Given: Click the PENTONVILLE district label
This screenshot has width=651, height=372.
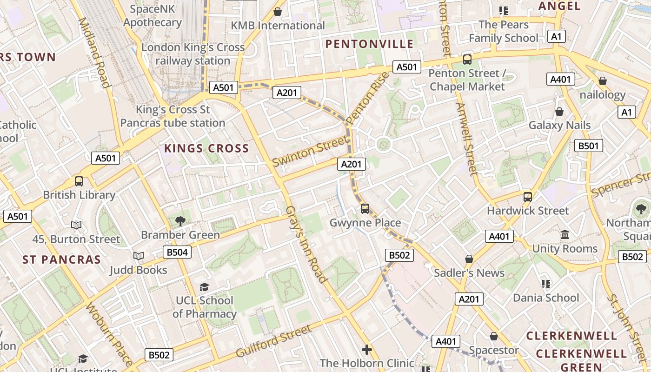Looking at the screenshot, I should (369, 44).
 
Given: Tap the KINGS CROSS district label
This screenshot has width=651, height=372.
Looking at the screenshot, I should (206, 149).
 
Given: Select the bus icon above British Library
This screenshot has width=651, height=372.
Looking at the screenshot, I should (79, 181).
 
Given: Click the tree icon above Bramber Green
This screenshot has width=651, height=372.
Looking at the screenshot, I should (180, 221).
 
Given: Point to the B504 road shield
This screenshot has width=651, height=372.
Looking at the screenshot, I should (177, 252).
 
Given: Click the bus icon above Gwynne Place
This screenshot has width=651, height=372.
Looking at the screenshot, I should (365, 209).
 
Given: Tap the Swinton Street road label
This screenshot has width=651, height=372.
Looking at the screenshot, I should (310, 151).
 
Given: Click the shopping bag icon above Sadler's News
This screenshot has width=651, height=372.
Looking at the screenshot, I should (469, 259).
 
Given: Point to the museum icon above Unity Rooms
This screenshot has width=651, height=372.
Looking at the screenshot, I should (565, 234).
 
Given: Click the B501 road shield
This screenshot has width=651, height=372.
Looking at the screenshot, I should (588, 146).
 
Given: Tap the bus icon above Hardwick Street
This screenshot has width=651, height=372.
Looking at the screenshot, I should (528, 197).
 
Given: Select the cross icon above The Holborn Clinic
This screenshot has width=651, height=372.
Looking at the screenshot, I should (367, 349).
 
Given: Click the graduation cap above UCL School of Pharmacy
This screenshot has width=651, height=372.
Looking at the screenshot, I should (204, 287).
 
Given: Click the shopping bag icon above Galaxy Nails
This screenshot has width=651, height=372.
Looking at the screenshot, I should (559, 112).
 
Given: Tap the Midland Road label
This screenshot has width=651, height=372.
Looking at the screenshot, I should (94, 53).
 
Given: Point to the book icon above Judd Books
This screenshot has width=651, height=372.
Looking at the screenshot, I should (138, 256).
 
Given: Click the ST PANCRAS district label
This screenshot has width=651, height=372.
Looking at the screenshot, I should (62, 260).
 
